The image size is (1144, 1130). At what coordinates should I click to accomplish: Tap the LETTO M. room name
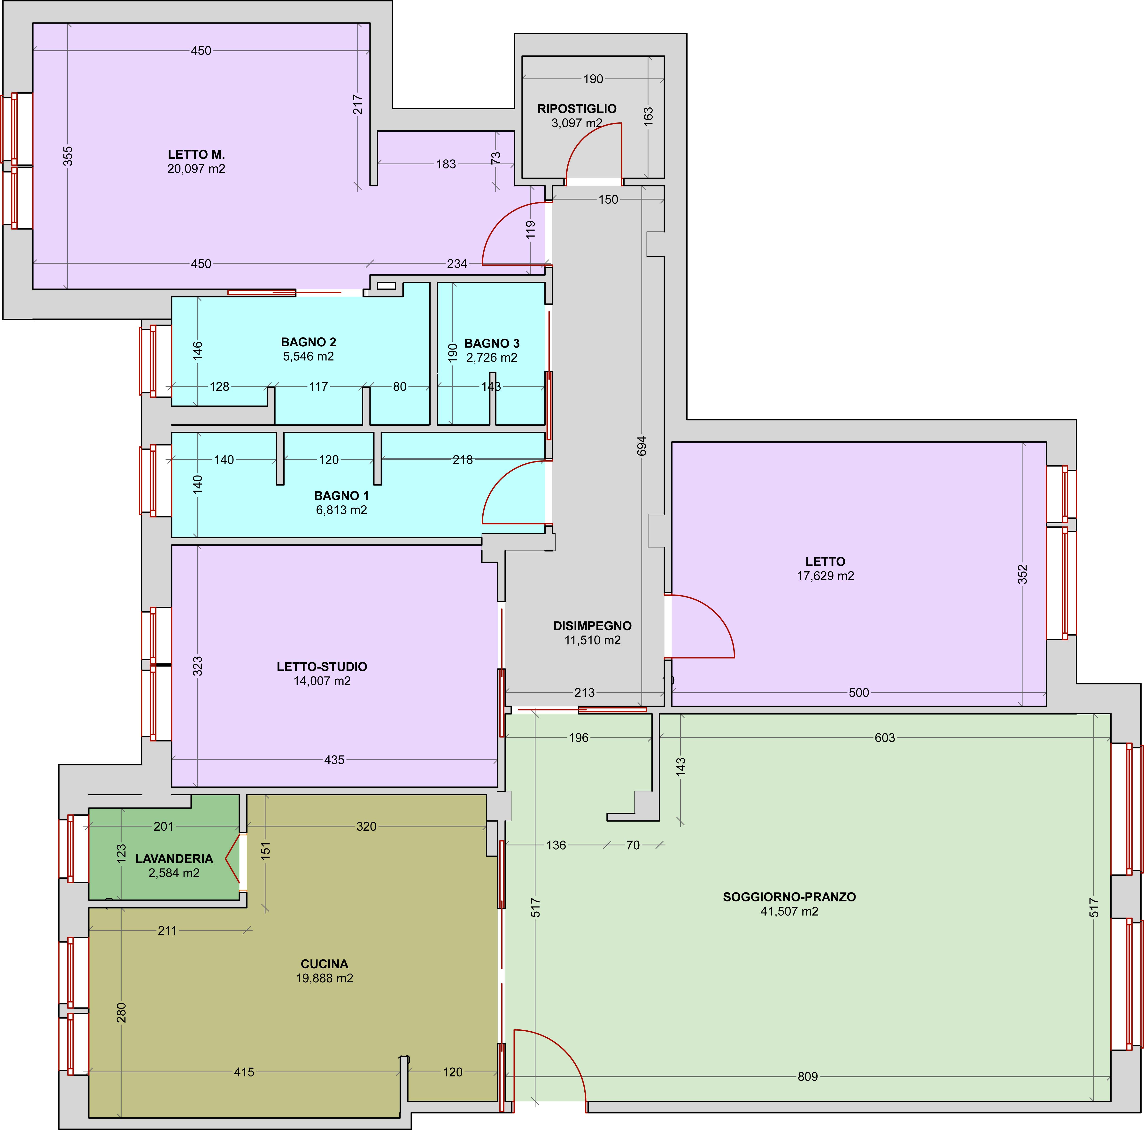click(196, 155)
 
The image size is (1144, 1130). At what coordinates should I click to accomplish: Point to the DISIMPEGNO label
click(592, 626)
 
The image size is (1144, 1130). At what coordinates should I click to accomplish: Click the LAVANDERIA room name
click(174, 859)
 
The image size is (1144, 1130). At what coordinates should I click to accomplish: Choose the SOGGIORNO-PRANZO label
click(789, 897)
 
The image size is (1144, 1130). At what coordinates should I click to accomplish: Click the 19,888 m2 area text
click(325, 978)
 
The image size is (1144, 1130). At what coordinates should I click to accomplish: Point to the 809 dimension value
click(808, 1077)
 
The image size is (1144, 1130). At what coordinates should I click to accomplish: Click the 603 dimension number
click(885, 738)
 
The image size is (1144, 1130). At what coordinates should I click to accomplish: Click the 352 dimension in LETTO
click(1023, 574)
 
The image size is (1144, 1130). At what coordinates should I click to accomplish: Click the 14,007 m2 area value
click(322, 681)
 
